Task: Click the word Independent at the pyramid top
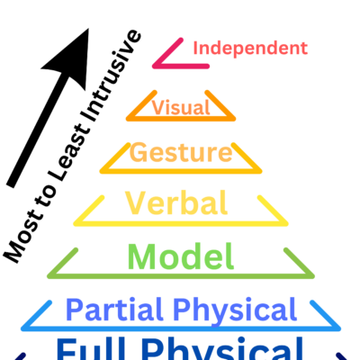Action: click(x=250, y=48)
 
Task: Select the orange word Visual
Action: click(x=181, y=108)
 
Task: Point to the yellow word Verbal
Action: click(x=175, y=202)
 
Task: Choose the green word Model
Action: click(x=181, y=256)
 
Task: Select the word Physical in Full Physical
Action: click(x=238, y=350)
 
